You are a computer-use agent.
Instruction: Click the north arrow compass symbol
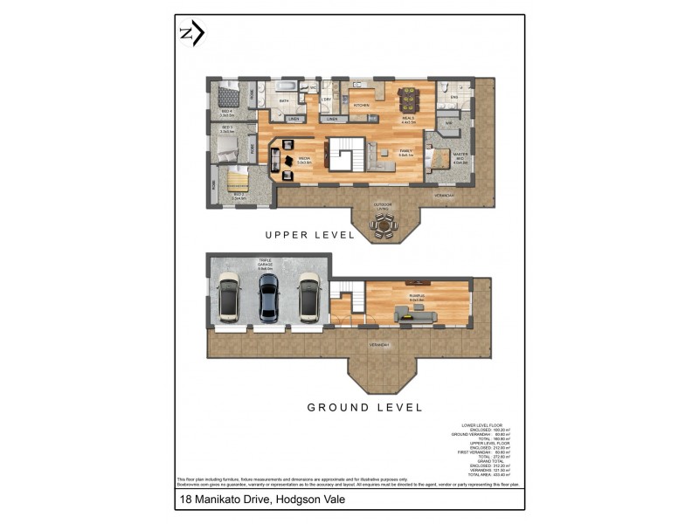pos(191,34)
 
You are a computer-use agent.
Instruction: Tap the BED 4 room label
pos(226,111)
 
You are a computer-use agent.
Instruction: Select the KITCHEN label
pos(361,105)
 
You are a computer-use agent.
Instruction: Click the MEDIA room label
pos(305,159)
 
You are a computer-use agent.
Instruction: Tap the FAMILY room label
pos(405,151)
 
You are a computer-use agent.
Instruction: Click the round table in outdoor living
pos(382,226)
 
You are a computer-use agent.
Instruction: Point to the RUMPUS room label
pos(417,297)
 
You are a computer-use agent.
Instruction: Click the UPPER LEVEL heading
pos(310,235)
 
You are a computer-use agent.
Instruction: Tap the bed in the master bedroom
pos(439,160)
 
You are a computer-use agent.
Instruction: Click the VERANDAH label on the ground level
pos(379,343)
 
